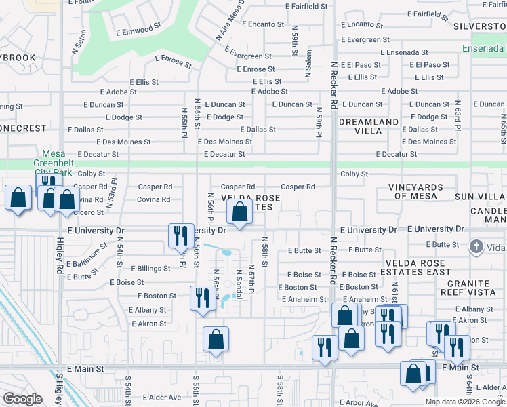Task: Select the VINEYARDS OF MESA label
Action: point(415,191)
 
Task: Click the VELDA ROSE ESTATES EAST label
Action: point(418,267)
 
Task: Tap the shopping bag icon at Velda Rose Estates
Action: point(240,212)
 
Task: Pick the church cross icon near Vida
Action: point(476,246)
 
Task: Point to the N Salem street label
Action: point(309,63)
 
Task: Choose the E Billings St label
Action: point(150,269)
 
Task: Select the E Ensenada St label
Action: point(405,52)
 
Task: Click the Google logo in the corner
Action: point(22,398)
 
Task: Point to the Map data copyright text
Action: point(465,401)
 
